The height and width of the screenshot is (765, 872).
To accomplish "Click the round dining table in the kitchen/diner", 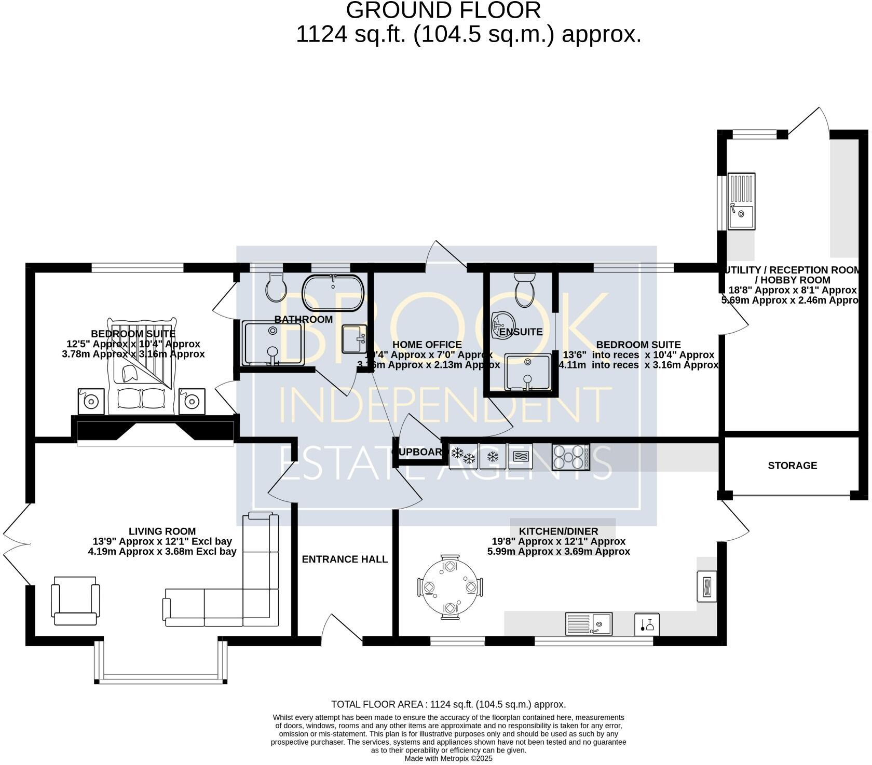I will (x=449, y=587).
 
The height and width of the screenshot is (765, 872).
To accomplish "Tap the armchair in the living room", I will (x=75, y=600).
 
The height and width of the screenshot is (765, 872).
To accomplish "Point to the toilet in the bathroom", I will (x=275, y=286).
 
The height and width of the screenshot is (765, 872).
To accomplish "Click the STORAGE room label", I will (x=792, y=466).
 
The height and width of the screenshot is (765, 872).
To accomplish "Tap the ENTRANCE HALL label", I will (x=345, y=559).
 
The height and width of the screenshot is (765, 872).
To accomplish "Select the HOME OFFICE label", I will (x=427, y=345).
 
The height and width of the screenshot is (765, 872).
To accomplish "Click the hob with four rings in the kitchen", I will (x=570, y=457).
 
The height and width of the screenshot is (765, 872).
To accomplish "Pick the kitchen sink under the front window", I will (x=589, y=624).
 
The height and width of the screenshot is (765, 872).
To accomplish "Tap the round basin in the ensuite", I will (x=502, y=325).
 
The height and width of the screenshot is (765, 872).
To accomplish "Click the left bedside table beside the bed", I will (x=91, y=401).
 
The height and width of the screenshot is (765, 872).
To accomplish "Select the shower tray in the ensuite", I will (x=528, y=372).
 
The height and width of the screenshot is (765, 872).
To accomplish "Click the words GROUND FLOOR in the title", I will (x=443, y=10).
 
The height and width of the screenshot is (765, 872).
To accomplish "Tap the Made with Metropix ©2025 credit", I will (x=448, y=758).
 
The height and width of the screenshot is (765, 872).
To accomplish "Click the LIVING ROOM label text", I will (x=162, y=531).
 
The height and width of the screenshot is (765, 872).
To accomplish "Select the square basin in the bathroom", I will (x=355, y=339).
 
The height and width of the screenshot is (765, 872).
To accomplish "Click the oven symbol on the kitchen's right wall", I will (x=706, y=586).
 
